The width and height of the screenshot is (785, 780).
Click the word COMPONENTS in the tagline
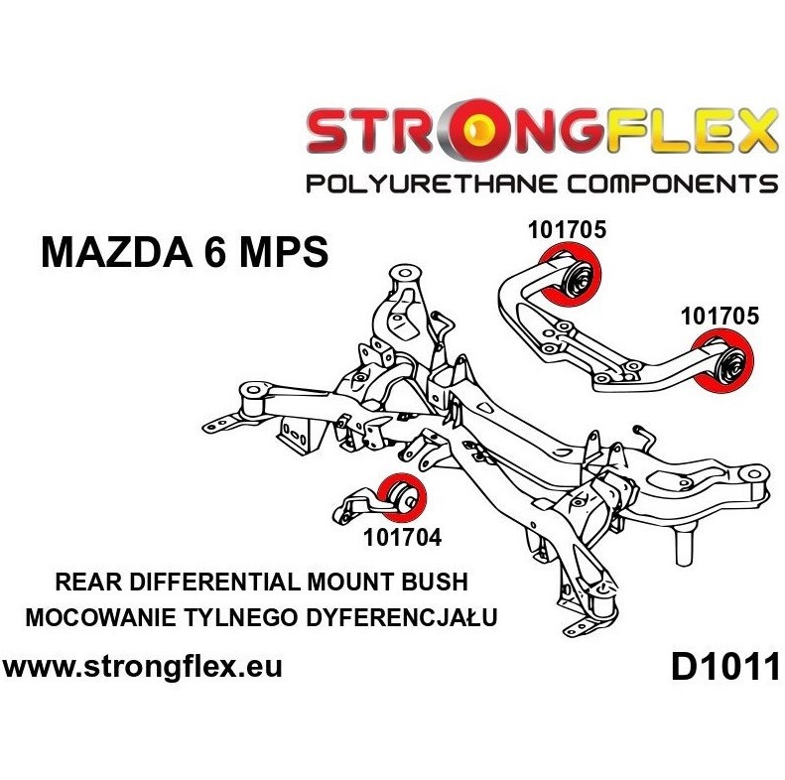tap(659, 184)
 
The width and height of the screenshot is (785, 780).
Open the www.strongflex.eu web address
tap(144, 666)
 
